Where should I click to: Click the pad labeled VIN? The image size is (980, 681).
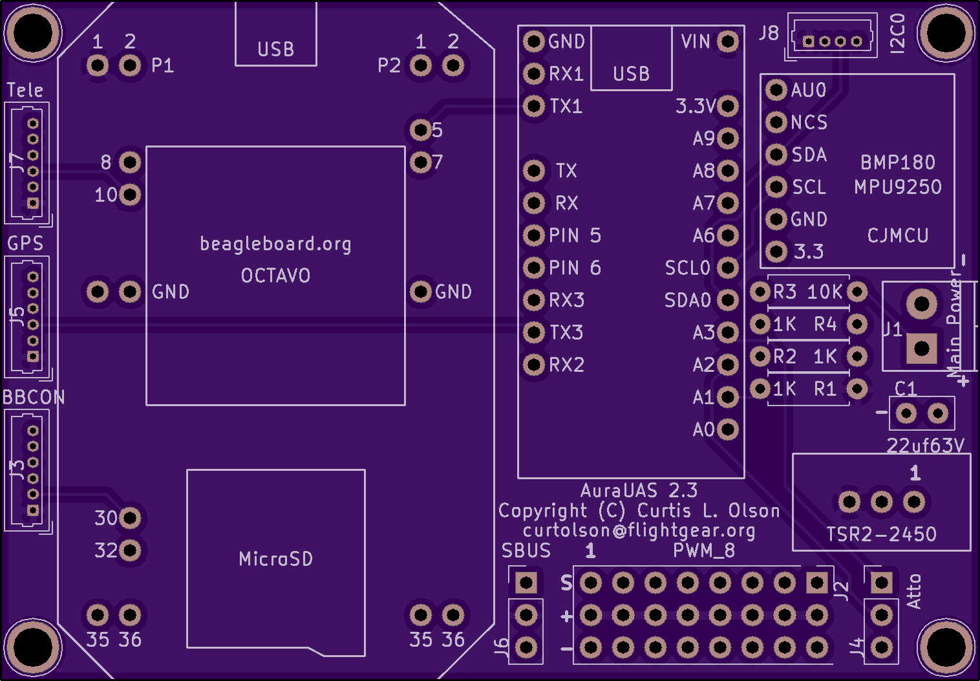point(728,41)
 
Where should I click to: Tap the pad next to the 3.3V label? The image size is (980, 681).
point(728,105)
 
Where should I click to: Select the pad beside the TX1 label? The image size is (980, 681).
point(534,105)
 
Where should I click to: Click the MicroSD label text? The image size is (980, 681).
point(276,559)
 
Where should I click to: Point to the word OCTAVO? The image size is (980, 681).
point(276,276)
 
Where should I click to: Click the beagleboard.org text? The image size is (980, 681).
point(276,244)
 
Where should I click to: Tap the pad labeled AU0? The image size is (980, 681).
point(776,90)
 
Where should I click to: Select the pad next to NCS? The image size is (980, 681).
point(776,122)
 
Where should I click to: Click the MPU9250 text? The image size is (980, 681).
point(898,187)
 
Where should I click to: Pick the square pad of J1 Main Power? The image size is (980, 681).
point(922,349)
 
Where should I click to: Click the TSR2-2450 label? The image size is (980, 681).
point(881,534)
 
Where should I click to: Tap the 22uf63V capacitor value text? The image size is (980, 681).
point(925,446)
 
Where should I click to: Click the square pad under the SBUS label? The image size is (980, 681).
point(526,583)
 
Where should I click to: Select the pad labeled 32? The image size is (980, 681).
point(130,550)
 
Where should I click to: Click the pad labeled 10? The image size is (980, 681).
point(130,194)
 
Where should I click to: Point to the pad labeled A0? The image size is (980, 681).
point(728,429)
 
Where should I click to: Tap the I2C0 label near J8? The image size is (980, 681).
point(898,34)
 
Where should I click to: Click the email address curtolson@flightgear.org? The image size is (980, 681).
point(639,531)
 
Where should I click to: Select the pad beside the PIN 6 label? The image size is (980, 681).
point(534,267)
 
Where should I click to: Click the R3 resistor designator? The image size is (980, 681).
point(785,292)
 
